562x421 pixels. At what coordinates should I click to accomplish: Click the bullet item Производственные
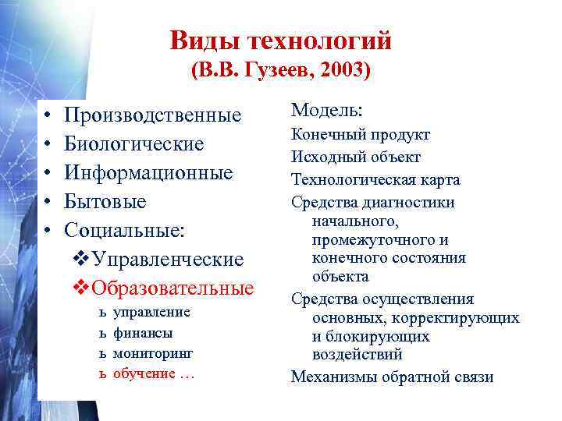click(153, 116)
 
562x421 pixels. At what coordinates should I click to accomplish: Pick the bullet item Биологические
click(133, 144)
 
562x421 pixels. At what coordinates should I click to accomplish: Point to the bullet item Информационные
click(148, 173)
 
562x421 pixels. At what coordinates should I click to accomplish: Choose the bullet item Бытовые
click(105, 202)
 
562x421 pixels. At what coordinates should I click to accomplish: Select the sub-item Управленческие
click(168, 259)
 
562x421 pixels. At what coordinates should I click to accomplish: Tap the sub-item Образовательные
click(173, 288)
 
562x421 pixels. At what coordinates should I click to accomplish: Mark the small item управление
click(151, 312)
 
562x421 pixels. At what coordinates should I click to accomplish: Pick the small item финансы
click(143, 332)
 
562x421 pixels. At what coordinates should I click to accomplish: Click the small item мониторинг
click(153, 352)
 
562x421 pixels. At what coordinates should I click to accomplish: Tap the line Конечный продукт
click(361, 135)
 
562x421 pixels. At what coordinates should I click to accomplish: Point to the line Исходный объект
click(356, 157)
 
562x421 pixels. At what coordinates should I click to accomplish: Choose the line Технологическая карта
click(375, 179)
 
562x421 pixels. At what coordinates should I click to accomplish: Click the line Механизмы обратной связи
click(392, 377)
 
